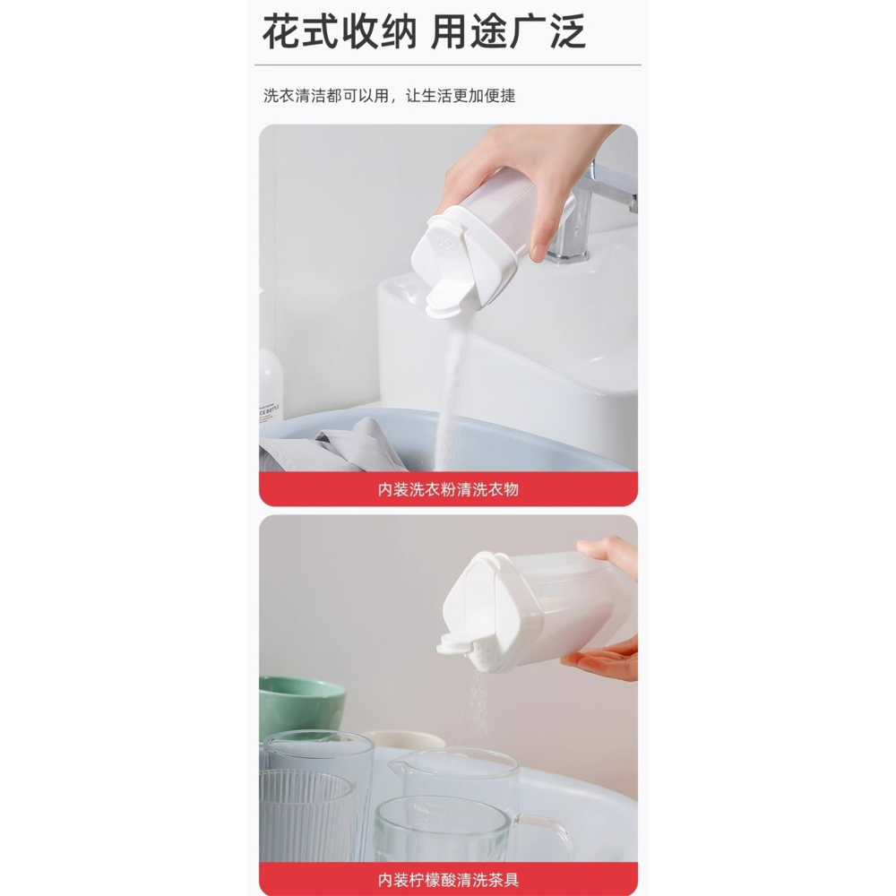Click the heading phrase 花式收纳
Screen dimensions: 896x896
point(340,32)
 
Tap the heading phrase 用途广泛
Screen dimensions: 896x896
point(508,32)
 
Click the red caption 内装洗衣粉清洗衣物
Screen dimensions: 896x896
point(448,489)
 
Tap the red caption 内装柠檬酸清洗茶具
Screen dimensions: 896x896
point(448,879)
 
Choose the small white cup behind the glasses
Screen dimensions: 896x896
point(408,740)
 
